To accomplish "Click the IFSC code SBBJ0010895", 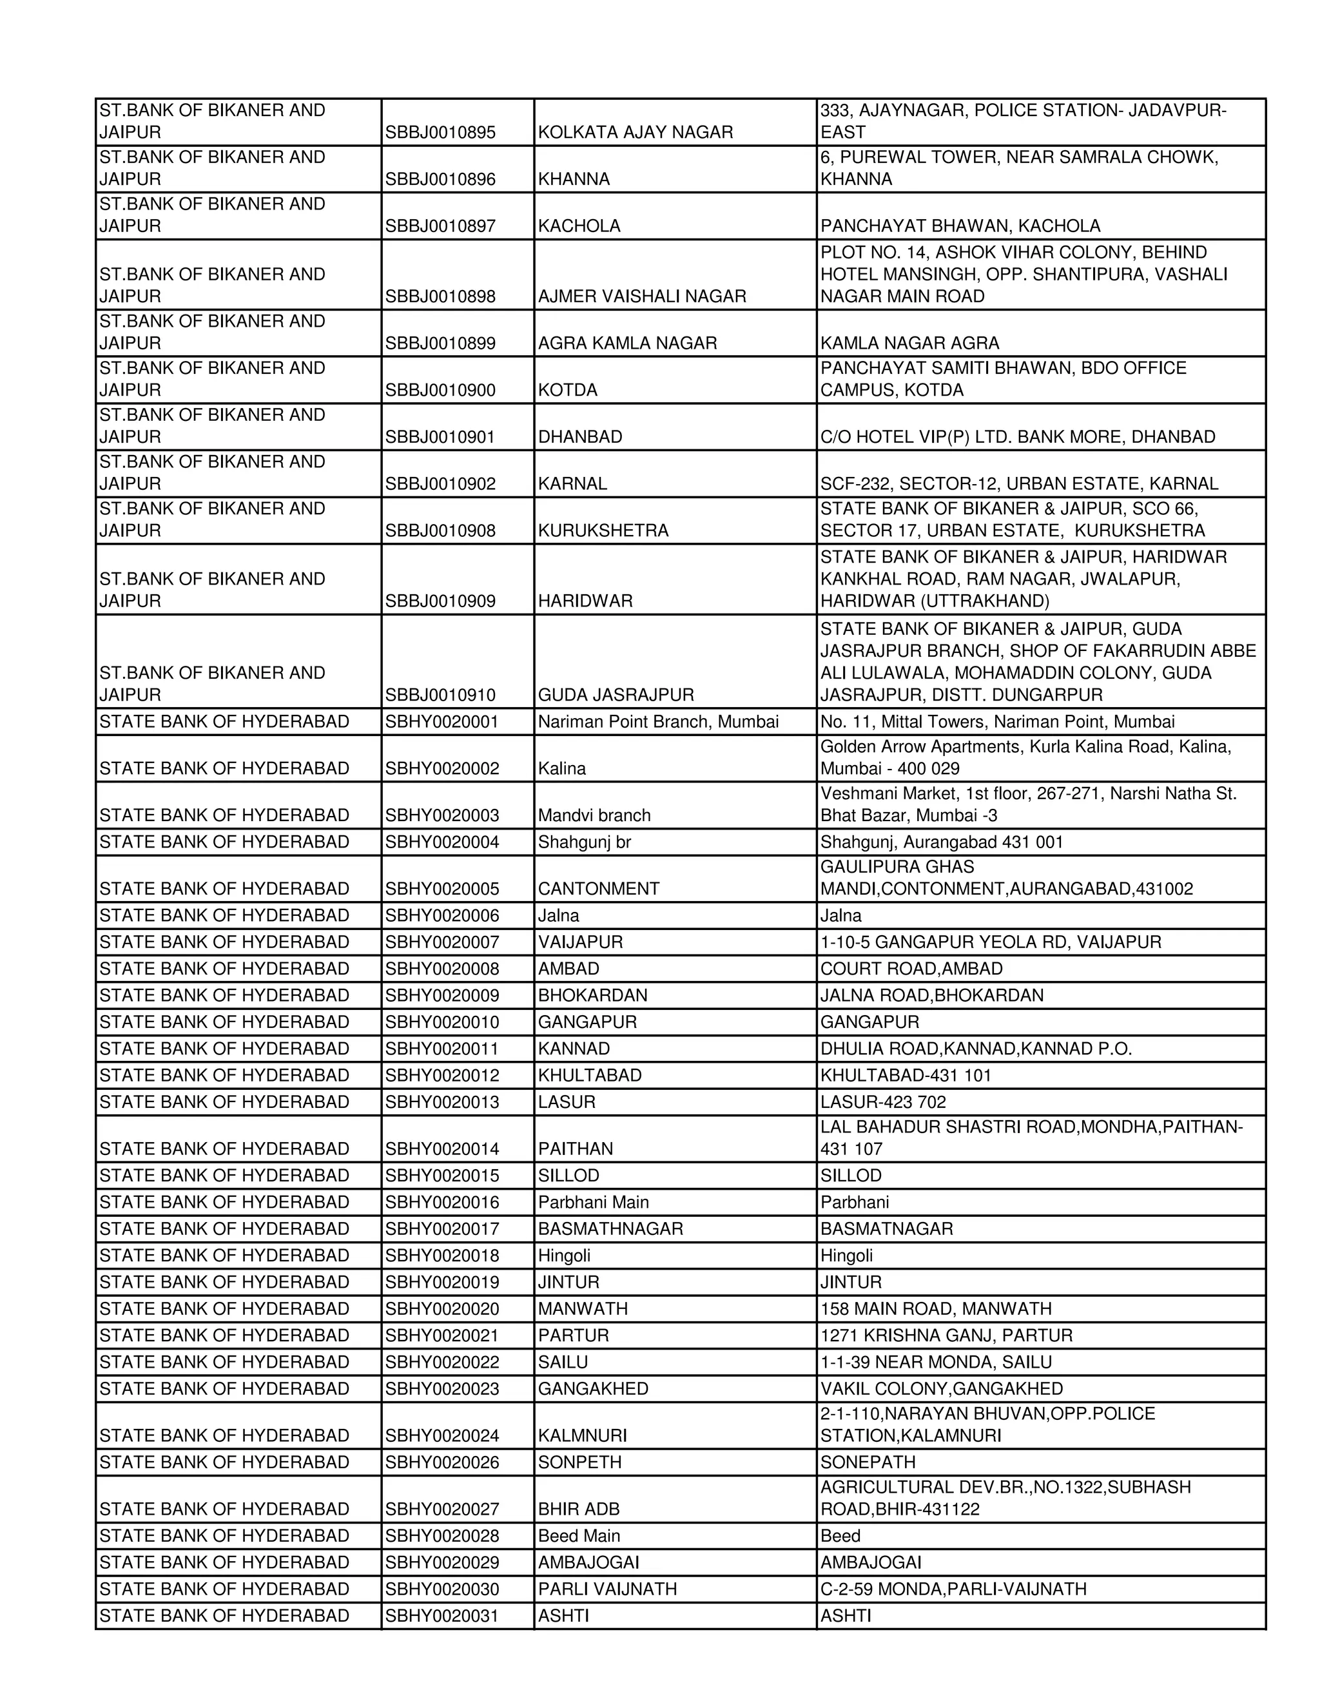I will coord(440,132).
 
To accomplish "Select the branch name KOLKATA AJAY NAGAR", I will coord(635,132).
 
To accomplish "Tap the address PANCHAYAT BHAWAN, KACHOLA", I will coord(960,226).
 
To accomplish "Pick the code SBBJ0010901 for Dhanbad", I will coord(440,436).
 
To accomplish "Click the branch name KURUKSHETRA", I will coord(603,530).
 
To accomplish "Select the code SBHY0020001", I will coord(441,721).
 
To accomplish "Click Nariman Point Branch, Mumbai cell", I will coord(657,721).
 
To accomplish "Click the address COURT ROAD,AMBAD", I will coord(911,968).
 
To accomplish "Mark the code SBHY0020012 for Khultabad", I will coord(441,1074).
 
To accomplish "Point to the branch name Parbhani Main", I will coord(593,1201).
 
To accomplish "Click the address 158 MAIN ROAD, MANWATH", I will coord(935,1308).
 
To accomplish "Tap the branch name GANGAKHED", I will coord(593,1388).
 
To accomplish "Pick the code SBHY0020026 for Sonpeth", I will coord(441,1462).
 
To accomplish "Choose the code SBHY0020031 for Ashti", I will coord(441,1615).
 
